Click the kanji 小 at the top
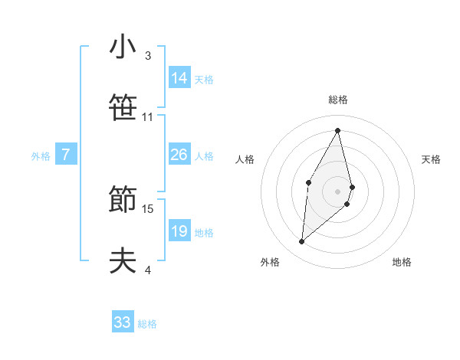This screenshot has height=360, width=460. point(123,47)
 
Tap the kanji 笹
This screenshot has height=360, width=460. point(123,108)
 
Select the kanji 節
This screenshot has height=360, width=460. point(123,200)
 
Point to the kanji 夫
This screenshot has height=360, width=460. point(123,261)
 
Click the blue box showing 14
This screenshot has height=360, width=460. point(179,77)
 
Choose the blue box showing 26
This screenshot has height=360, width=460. point(179,155)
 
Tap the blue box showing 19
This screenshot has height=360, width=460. point(179,231)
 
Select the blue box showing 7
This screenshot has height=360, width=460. point(66,155)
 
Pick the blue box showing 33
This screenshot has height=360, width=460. point(123,322)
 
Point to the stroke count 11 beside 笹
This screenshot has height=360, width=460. point(148,117)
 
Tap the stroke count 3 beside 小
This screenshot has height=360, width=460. point(148,56)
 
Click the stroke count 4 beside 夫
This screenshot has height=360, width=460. point(148,270)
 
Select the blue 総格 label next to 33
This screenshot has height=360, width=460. point(147,324)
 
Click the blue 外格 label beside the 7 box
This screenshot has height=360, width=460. point(40,156)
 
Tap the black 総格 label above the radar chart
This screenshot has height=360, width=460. point(338,100)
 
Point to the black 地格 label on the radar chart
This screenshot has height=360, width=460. point(402,262)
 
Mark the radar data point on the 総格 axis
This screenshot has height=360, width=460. point(338,129)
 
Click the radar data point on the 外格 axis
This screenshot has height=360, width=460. point(302,242)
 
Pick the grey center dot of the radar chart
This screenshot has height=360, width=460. point(338,191)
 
